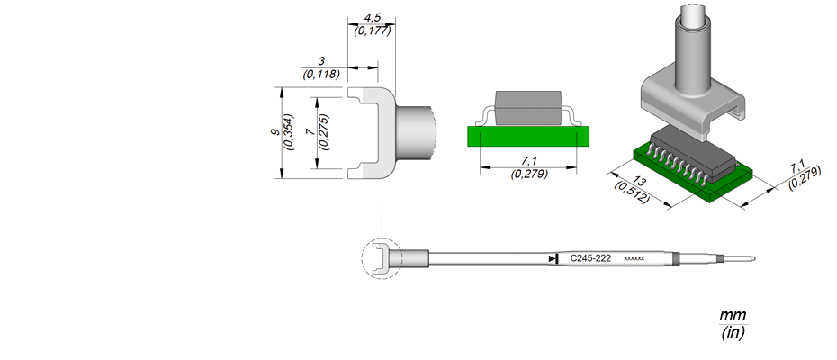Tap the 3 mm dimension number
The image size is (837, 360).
321,61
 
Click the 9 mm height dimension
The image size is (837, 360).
274,132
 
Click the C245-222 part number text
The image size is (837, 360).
590,258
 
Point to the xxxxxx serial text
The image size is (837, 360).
634,259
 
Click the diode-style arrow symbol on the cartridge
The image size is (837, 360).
553,258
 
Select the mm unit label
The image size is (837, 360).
733,315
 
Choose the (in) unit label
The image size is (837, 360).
733,333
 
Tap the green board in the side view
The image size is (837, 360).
528,136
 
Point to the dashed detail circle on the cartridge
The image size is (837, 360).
362,259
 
